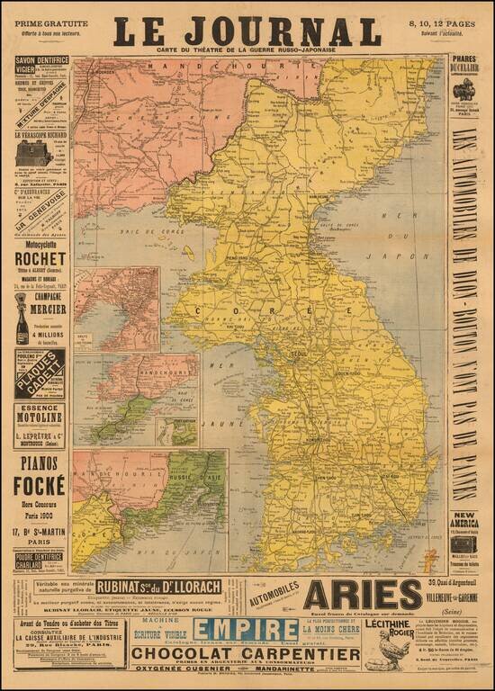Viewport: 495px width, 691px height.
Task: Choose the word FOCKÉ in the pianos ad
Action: pos(40,486)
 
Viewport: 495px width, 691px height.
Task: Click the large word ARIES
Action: pos(363,595)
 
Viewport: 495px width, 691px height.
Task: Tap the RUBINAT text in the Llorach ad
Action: pos(123,587)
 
